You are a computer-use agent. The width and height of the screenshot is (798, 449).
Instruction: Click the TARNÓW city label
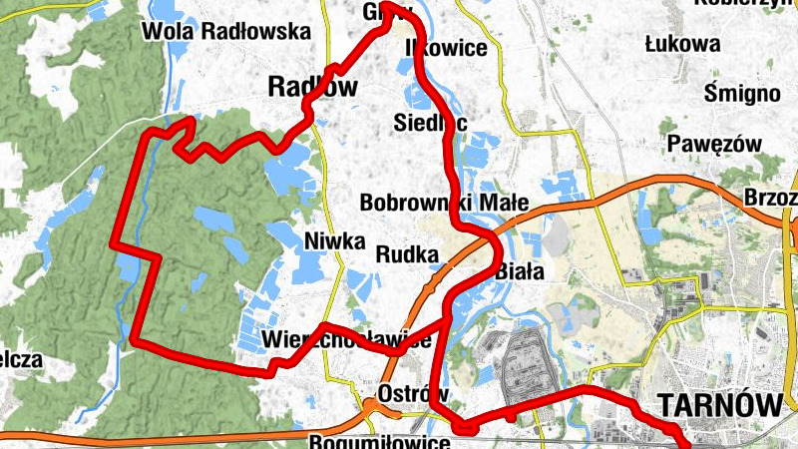point(718,404)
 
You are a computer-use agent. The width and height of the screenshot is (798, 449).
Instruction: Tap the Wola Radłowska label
point(227,31)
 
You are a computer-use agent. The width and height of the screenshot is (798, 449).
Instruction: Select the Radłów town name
point(312,88)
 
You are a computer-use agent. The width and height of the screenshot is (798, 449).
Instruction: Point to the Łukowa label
point(683,44)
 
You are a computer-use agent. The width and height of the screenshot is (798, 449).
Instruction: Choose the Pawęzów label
point(715,144)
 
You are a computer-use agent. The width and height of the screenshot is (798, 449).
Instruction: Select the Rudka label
point(407,254)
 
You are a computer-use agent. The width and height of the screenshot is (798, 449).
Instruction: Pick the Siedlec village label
point(430,122)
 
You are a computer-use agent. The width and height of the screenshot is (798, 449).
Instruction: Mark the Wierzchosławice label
point(346,339)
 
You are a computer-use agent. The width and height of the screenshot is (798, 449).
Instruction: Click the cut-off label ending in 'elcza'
point(20,360)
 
